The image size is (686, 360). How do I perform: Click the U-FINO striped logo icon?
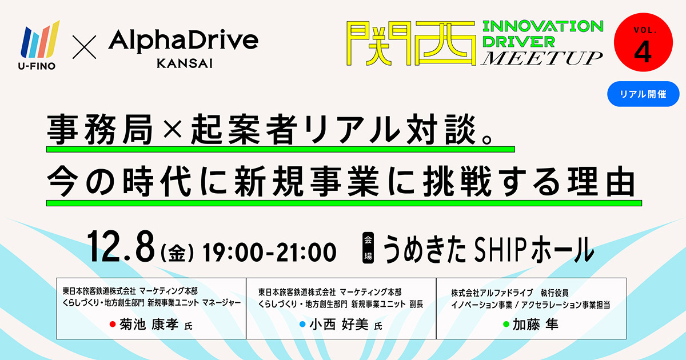(x=40, y=39)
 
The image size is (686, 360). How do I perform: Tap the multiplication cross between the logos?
(x=84, y=47)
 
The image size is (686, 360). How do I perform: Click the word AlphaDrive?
(x=183, y=41)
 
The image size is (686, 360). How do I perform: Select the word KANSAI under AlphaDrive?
(x=185, y=63)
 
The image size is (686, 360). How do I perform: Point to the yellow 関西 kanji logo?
(x=411, y=43)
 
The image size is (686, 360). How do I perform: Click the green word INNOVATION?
(x=543, y=26)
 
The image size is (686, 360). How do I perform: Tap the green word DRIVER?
(x=519, y=42)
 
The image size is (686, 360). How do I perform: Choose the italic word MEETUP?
(x=541, y=58)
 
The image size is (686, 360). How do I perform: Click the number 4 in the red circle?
(x=643, y=52)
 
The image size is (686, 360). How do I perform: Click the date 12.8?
(x=121, y=247)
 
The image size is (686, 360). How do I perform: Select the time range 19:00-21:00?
(x=269, y=252)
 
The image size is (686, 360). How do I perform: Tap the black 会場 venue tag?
(x=368, y=248)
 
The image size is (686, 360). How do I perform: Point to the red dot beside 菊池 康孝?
(x=113, y=324)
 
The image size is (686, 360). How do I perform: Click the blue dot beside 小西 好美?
(x=302, y=324)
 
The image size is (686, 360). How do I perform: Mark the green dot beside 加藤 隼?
(x=506, y=324)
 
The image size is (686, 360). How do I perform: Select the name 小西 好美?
(x=339, y=325)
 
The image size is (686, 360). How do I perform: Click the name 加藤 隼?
(x=536, y=325)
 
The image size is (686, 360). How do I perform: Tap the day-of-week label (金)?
(x=177, y=253)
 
